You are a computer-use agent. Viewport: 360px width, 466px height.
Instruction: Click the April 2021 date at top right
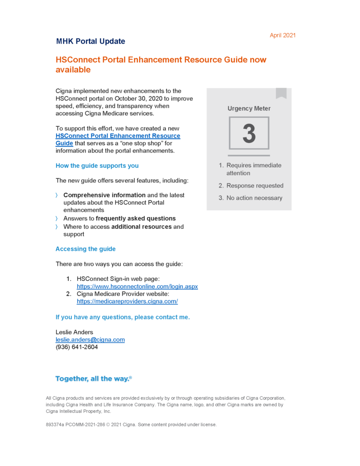tap(283, 35)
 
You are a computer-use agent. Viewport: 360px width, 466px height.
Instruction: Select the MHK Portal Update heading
tap(91, 41)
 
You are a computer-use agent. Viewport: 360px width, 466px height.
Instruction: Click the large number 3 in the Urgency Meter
tap(249, 133)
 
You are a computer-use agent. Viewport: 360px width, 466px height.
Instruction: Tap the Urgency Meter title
tap(249, 109)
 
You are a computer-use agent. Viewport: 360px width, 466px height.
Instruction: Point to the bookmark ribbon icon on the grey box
tap(281, 93)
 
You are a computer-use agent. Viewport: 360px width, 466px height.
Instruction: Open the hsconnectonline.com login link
tap(137, 287)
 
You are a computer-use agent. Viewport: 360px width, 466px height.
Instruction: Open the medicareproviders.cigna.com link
tap(127, 301)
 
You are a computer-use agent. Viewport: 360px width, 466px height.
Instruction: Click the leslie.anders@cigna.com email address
tap(90, 339)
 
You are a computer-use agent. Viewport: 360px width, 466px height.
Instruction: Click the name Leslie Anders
tap(74, 332)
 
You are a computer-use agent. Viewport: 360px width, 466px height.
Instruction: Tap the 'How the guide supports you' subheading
tap(97, 166)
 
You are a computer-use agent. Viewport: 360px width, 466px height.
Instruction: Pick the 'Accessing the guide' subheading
tap(86, 249)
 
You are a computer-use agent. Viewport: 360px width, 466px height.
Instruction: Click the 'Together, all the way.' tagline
tap(93, 379)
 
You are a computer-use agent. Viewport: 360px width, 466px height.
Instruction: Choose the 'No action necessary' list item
tap(254, 198)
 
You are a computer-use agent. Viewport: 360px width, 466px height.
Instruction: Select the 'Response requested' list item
tap(255, 186)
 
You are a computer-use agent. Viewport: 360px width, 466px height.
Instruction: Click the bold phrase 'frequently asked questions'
tap(136, 218)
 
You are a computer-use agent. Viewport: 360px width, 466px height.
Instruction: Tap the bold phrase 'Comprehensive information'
tap(104, 195)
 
